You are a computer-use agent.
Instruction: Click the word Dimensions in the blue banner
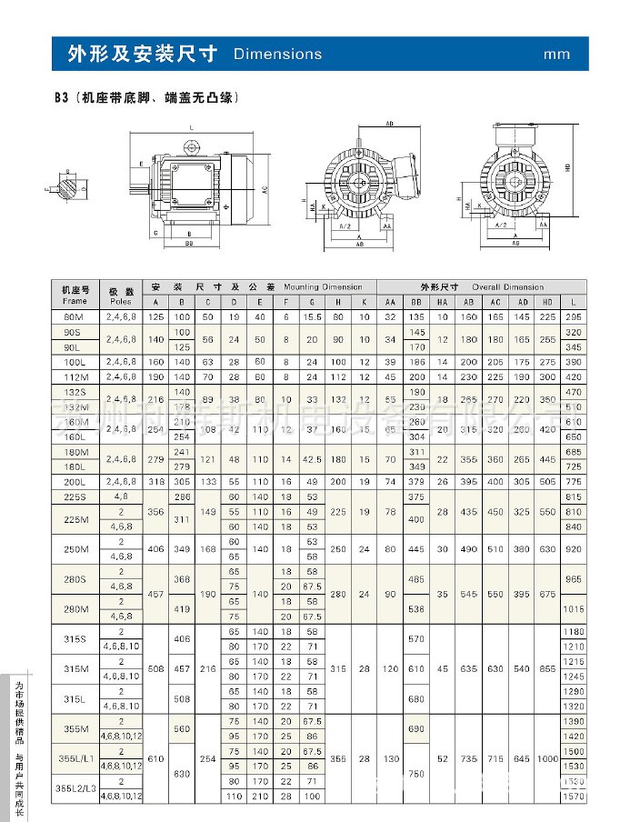tap(277, 55)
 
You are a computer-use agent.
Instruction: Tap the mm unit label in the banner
tap(556, 55)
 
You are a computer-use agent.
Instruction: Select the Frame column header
tap(75, 300)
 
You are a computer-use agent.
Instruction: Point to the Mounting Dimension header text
tap(315, 286)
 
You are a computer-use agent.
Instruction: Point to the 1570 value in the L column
tap(574, 797)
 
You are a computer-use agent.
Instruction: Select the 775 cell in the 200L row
tap(574, 479)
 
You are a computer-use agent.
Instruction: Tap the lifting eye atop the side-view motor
tap(192, 146)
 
